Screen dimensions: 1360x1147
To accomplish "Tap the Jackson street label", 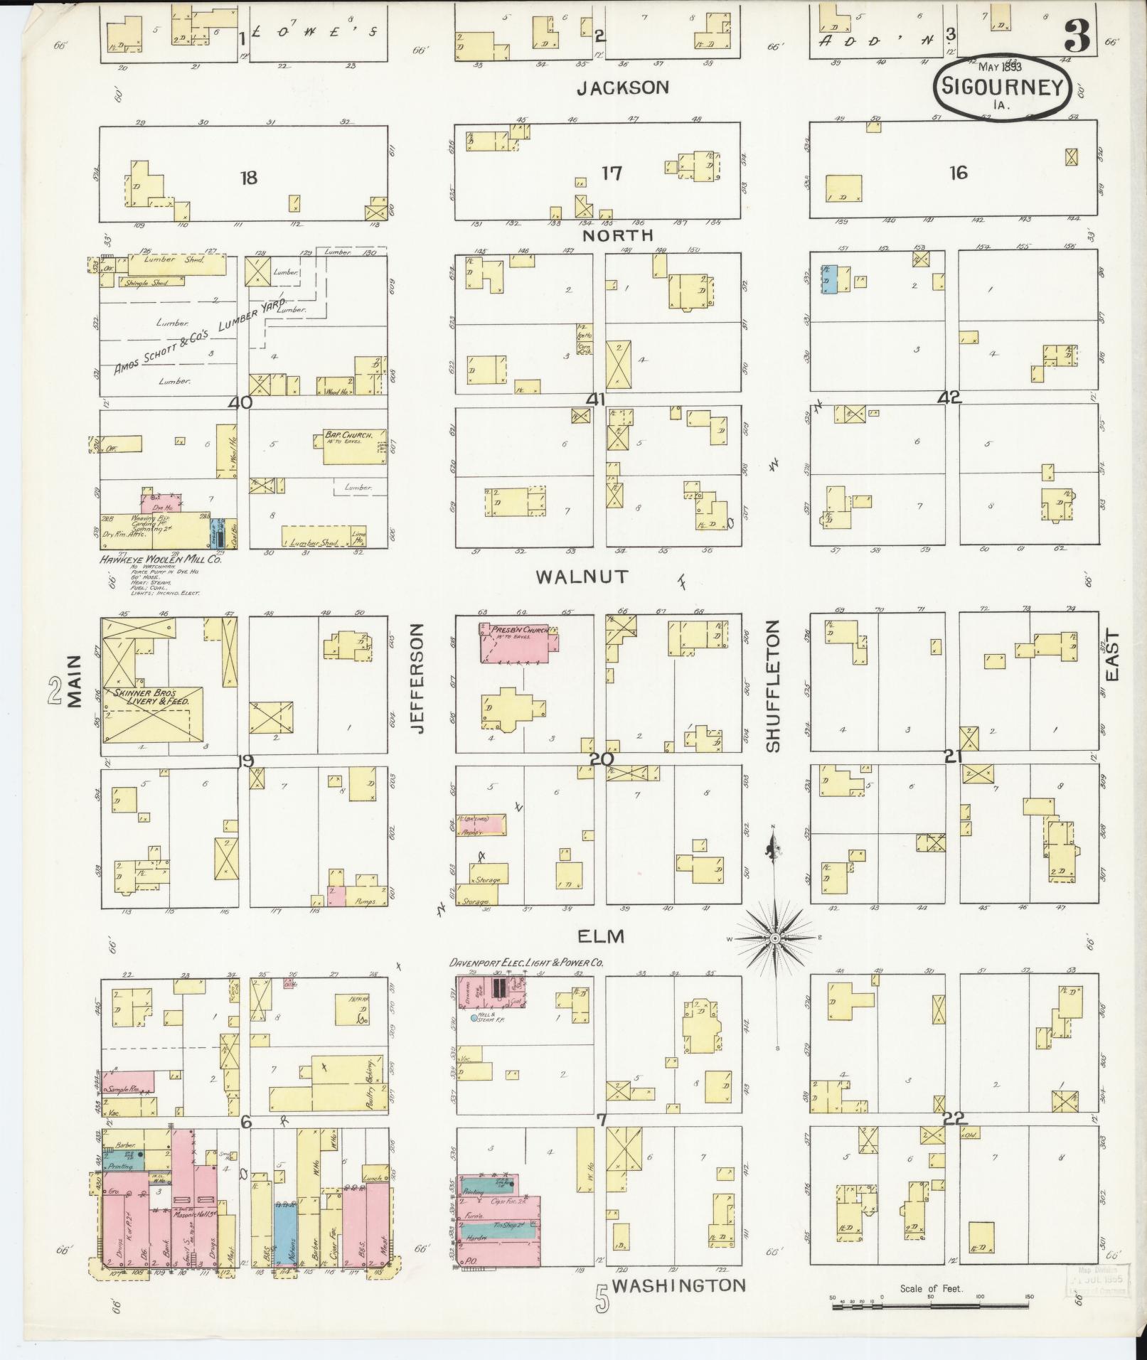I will pyautogui.click(x=622, y=87).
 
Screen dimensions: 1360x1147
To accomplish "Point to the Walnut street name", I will pyautogui.click(x=582, y=576).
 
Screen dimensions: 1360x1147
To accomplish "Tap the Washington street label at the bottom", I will pyautogui.click(x=678, y=1285).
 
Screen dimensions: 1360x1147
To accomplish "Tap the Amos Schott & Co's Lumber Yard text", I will pyautogui.click(x=199, y=336).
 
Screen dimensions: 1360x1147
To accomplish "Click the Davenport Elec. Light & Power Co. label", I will pyautogui.click(x=526, y=962).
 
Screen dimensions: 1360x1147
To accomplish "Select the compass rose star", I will pyautogui.click(x=776, y=938).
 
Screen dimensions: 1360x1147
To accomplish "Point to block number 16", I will pyautogui.click(x=958, y=172).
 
